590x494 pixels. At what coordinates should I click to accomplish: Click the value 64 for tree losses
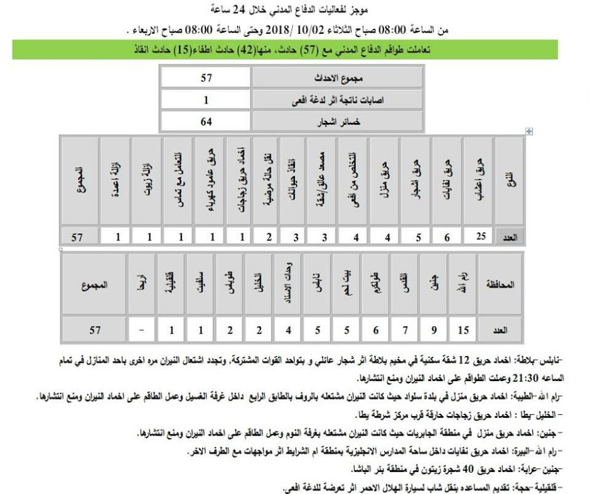pos(206,121)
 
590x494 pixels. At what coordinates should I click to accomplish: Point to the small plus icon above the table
pos(528,131)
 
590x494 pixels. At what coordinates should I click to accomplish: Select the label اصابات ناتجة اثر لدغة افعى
pos(338,100)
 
